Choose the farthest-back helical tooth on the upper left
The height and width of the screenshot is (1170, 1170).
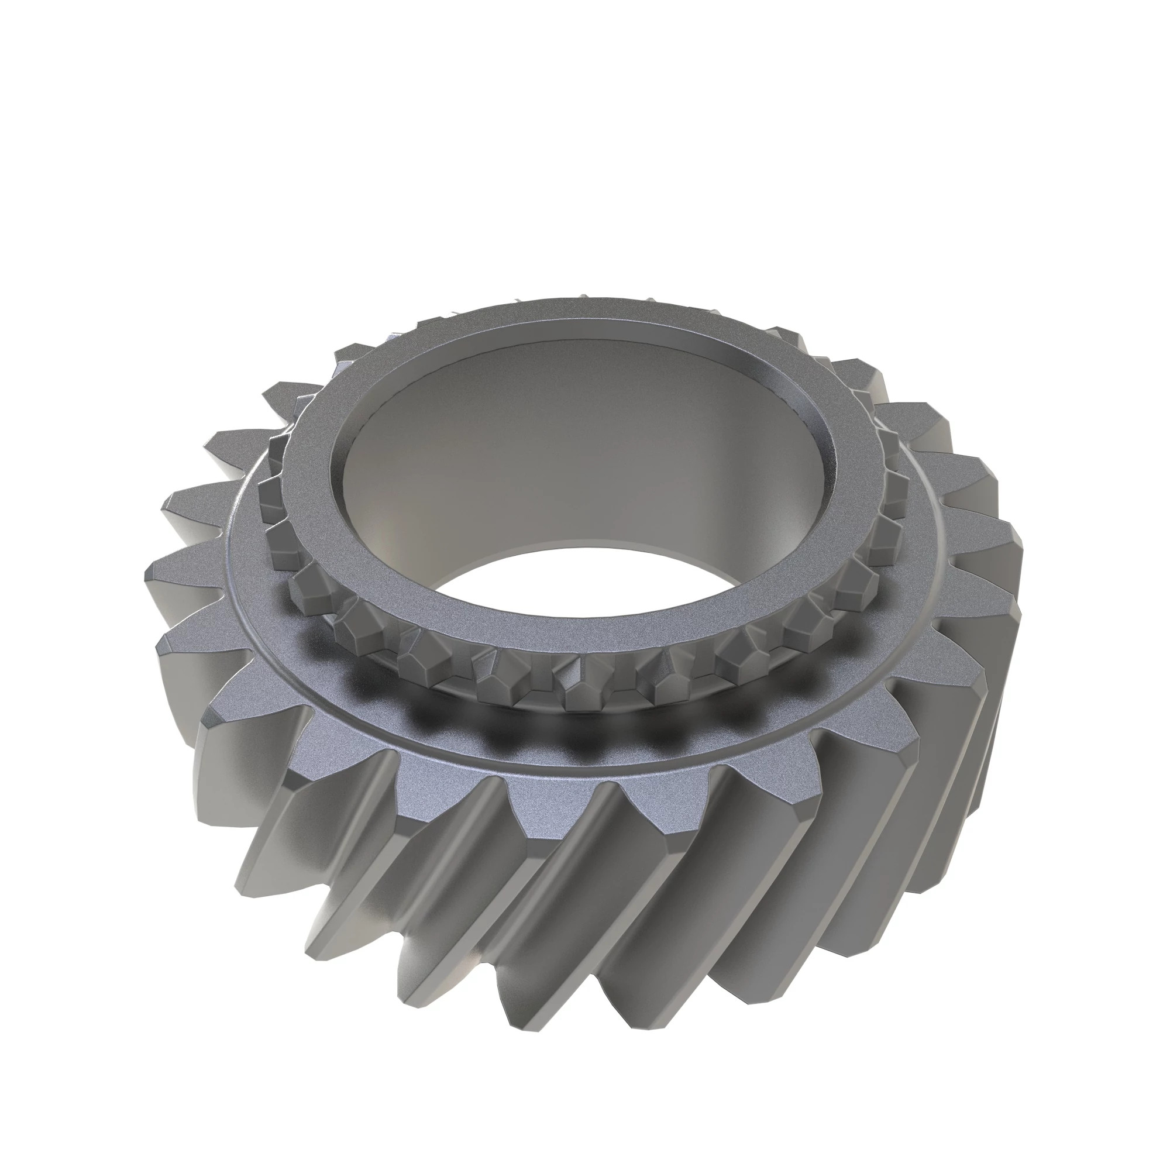click(x=357, y=351)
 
